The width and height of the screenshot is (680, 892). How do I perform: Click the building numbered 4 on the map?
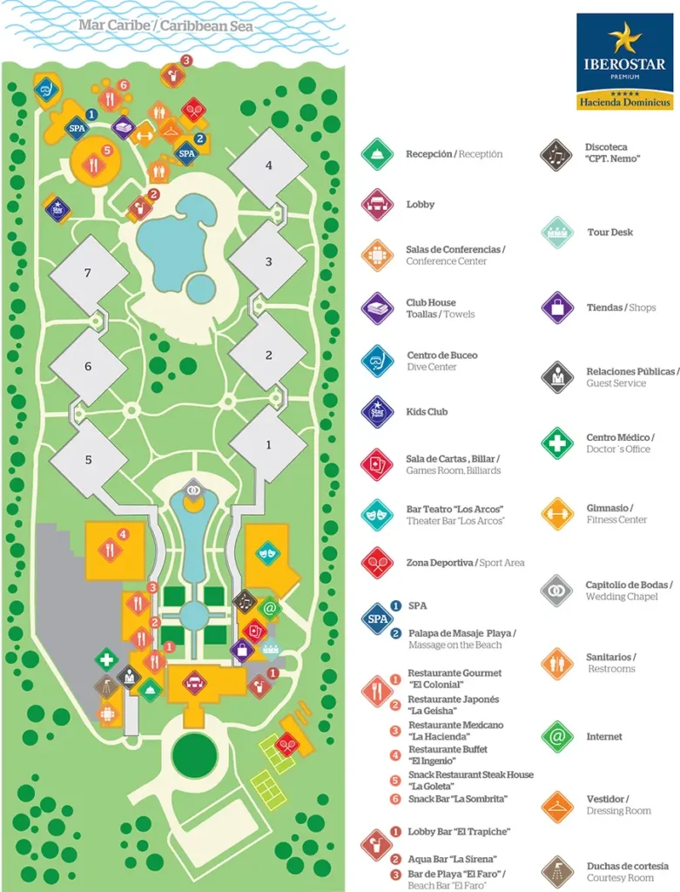269,165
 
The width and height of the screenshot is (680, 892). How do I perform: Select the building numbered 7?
88,274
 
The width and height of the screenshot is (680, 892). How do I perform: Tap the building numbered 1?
268,444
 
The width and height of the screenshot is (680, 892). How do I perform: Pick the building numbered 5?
88,459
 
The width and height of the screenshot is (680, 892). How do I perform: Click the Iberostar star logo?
624,39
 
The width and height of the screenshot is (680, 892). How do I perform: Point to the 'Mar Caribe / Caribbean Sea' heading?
165,26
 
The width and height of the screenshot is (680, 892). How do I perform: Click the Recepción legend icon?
377,154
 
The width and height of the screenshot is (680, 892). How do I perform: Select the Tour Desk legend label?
609,233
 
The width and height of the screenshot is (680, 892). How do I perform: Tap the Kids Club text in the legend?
427,412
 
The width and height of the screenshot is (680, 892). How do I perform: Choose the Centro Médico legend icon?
557,443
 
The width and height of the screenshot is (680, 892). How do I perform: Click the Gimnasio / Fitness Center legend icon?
557,514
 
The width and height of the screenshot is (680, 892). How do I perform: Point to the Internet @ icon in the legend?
557,737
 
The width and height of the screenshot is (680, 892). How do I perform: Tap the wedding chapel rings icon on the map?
194,490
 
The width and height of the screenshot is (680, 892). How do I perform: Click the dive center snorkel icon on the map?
49,89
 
